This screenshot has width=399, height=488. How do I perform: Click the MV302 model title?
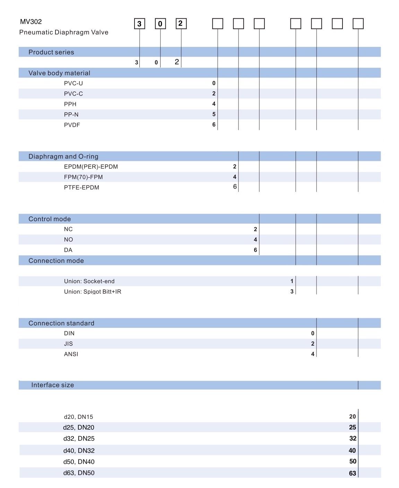pyautogui.click(x=31, y=22)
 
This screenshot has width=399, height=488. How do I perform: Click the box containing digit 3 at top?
pyautogui.click(x=139, y=24)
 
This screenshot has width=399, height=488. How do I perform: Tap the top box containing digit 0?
pyautogui.click(x=160, y=24)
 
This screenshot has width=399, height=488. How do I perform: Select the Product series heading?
pyautogui.click(x=51, y=52)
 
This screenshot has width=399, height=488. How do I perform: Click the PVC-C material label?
pyautogui.click(x=73, y=94)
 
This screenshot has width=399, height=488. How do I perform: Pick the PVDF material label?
pyautogui.click(x=72, y=125)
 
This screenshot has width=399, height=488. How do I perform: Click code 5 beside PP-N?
pyautogui.click(x=214, y=114)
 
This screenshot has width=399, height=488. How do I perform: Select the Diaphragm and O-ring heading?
pyautogui.click(x=63, y=156)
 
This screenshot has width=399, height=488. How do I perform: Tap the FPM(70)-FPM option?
pyautogui.click(x=84, y=177)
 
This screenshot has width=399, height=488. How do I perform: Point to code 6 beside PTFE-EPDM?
pyautogui.click(x=235, y=187)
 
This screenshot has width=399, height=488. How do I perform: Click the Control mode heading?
pyautogui.click(x=50, y=219)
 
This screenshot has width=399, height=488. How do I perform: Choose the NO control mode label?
pyautogui.click(x=69, y=240)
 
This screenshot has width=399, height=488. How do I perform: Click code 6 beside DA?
pyautogui.click(x=255, y=250)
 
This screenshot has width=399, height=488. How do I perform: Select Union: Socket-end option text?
pyautogui.click(x=89, y=281)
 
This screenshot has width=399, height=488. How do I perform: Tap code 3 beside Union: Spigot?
pyautogui.click(x=292, y=291)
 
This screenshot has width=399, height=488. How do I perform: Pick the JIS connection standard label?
pyautogui.click(x=69, y=344)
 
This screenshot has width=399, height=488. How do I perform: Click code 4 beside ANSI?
pyautogui.click(x=313, y=354)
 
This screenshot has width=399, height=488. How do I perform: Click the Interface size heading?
pyautogui.click(x=52, y=385)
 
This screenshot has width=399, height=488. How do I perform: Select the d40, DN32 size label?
pyautogui.click(x=79, y=450)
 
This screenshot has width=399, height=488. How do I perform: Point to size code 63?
pyautogui.click(x=353, y=473)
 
